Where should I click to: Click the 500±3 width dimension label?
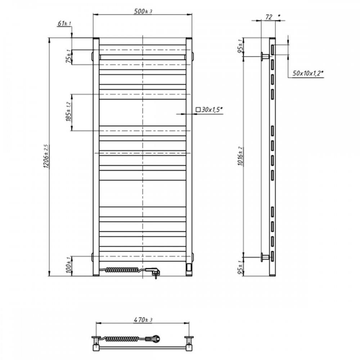point(143,11)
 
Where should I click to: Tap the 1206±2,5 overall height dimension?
point(46,156)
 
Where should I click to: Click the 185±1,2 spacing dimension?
point(68,112)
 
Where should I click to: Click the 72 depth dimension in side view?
point(269,17)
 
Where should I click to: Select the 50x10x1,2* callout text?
point(308,73)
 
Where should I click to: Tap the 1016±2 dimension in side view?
point(240,156)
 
